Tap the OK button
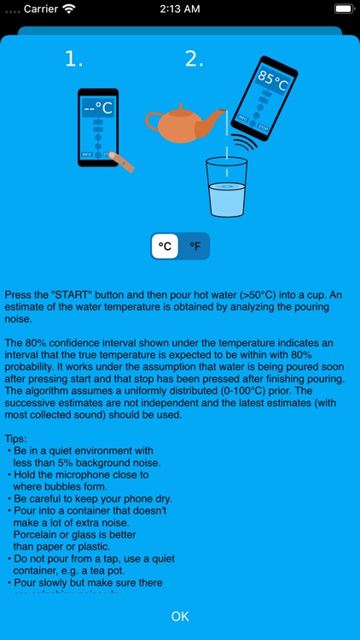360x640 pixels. point(180,615)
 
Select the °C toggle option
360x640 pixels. point(165,247)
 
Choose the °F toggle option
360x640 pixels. point(195,247)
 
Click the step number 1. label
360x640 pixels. point(75,59)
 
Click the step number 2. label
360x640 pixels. point(195,59)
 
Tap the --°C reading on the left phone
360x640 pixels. point(98,108)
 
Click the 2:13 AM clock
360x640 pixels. point(180,9)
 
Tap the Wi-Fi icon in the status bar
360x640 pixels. point(68,9)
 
